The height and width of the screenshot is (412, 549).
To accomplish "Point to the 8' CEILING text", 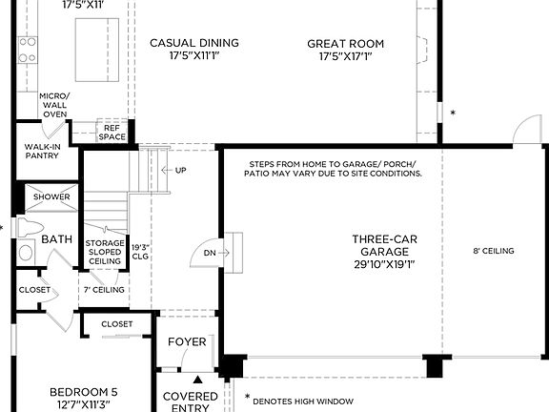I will click(494, 251).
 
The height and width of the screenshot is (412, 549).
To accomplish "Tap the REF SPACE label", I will click(112, 132).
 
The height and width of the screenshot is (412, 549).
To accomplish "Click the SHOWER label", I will click(51, 197).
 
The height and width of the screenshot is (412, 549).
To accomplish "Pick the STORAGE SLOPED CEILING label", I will click(105, 252).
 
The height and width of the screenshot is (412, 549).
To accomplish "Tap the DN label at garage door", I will click(211, 253).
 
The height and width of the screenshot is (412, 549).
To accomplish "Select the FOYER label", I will click(187, 341).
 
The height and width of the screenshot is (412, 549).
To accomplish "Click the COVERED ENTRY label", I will click(190, 402).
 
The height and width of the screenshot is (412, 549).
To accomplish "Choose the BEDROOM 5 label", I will click(85, 398).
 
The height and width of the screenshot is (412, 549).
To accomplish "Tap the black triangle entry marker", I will click(198, 379).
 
